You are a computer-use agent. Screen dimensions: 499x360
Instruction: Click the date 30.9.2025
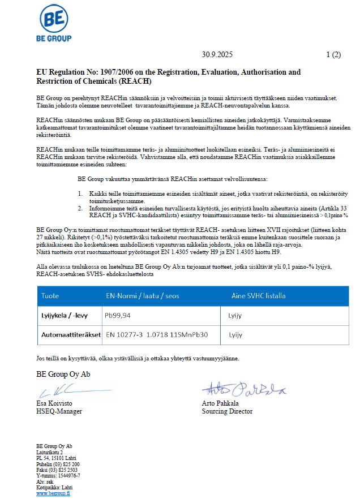[216, 55]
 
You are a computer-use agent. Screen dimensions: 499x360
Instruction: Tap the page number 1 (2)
[333, 55]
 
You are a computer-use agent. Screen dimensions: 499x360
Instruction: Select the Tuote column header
[52, 295]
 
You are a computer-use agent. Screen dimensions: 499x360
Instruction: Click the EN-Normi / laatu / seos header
[139, 295]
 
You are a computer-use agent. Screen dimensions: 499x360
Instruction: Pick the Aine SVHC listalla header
[259, 295]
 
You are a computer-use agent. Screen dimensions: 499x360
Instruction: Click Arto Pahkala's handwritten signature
[244, 389]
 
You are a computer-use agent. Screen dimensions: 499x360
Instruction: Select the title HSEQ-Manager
[58, 411]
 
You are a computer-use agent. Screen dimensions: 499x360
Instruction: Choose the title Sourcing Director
[227, 411]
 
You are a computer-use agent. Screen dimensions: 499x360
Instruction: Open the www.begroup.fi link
[53, 493]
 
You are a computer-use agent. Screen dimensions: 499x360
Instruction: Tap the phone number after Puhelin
[66, 464]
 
